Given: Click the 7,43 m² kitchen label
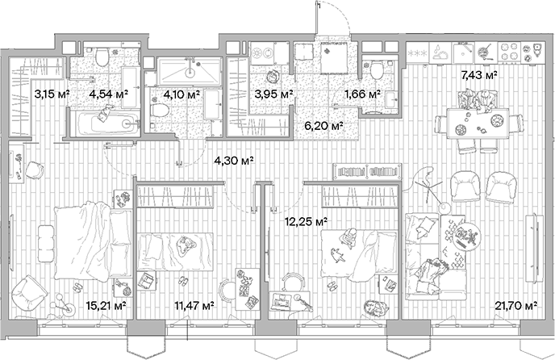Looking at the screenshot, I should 478,75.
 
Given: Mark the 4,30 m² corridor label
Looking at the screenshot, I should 231,159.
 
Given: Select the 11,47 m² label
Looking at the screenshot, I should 194,306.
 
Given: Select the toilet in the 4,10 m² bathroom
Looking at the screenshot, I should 156,103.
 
